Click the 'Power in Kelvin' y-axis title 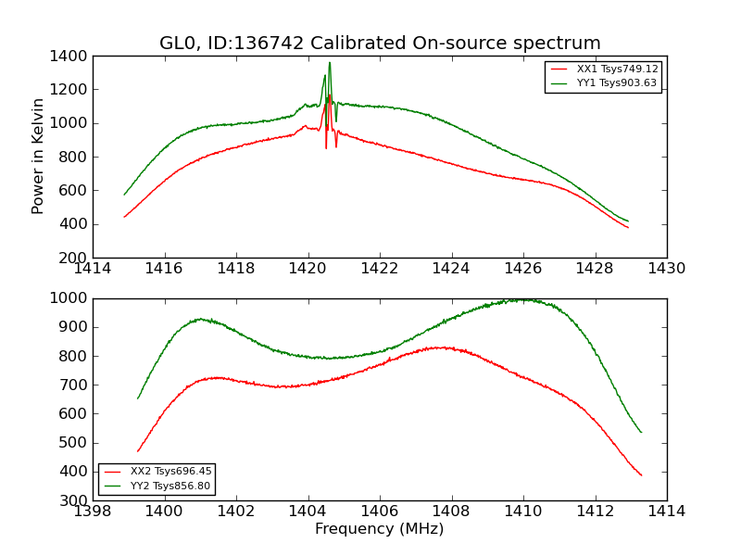coord(38,156)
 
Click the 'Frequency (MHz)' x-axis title coord(379,529)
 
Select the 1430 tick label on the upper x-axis coord(666,269)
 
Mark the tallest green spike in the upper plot coord(329,63)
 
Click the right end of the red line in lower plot coord(641,475)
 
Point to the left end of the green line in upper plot coord(124,195)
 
